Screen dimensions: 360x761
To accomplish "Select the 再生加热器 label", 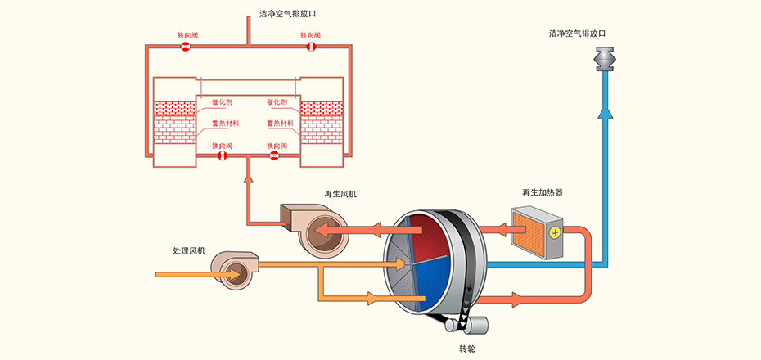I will [542, 193].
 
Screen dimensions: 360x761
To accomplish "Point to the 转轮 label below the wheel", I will [466, 349].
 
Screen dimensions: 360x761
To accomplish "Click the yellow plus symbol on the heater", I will [555, 232].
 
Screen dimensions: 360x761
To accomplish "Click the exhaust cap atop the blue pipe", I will [606, 60].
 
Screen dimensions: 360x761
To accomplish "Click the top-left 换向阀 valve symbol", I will [186, 47].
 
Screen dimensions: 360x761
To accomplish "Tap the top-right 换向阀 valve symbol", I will [311, 47].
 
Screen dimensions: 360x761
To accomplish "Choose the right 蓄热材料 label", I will [280, 123].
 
